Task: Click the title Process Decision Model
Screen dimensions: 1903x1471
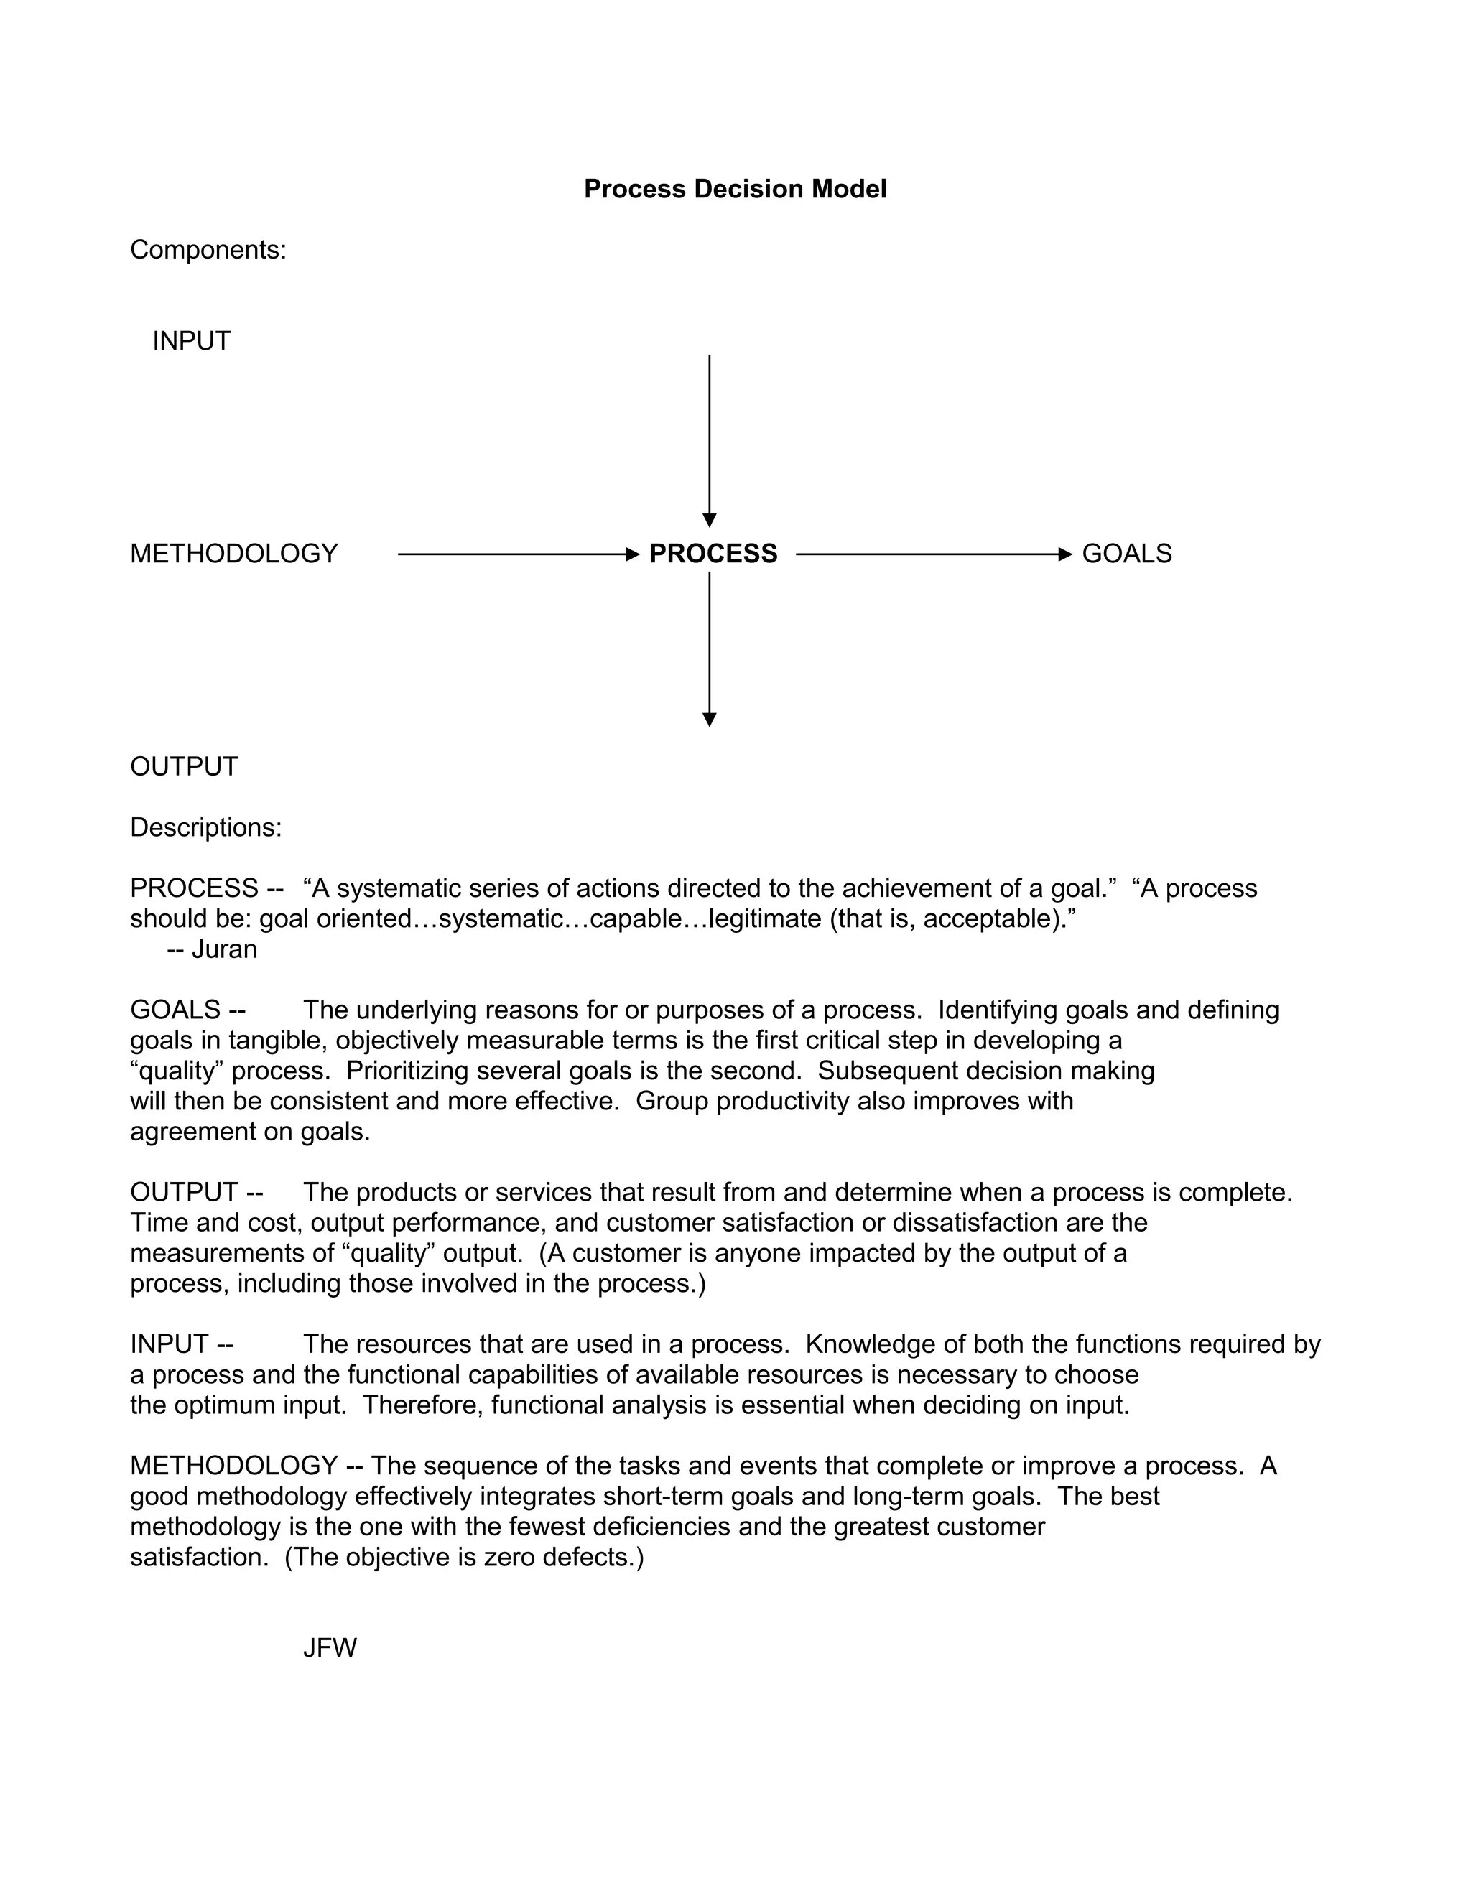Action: [735, 189]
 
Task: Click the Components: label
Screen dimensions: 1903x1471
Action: [208, 250]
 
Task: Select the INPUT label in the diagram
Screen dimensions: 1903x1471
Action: [192, 340]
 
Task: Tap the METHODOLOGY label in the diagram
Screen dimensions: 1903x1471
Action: [233, 553]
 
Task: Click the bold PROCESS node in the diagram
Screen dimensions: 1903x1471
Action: [713, 553]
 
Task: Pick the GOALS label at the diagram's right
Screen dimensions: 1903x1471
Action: [1126, 553]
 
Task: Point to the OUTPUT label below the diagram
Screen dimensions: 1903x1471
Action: [184, 767]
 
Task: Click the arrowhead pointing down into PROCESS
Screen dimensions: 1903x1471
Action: [710, 520]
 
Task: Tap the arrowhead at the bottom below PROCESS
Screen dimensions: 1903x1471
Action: [710, 720]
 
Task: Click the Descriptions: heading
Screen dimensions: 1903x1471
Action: [205, 828]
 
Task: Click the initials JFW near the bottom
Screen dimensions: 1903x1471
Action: [330, 1647]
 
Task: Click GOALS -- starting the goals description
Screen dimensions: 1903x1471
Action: [187, 1010]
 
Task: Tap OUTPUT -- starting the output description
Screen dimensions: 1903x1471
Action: [196, 1192]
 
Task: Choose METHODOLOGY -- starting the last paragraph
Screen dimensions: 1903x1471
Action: [246, 1466]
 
